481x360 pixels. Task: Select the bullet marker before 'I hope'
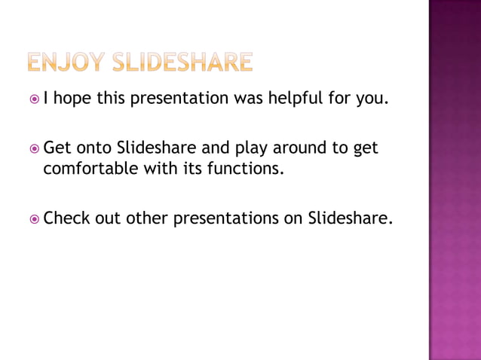tap(34, 98)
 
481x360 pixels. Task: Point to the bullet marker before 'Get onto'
tap(34, 148)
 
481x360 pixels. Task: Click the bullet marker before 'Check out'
tap(34, 219)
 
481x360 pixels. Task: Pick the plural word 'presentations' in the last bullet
tap(229, 219)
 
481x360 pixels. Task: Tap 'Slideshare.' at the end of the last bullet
tap(351, 218)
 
